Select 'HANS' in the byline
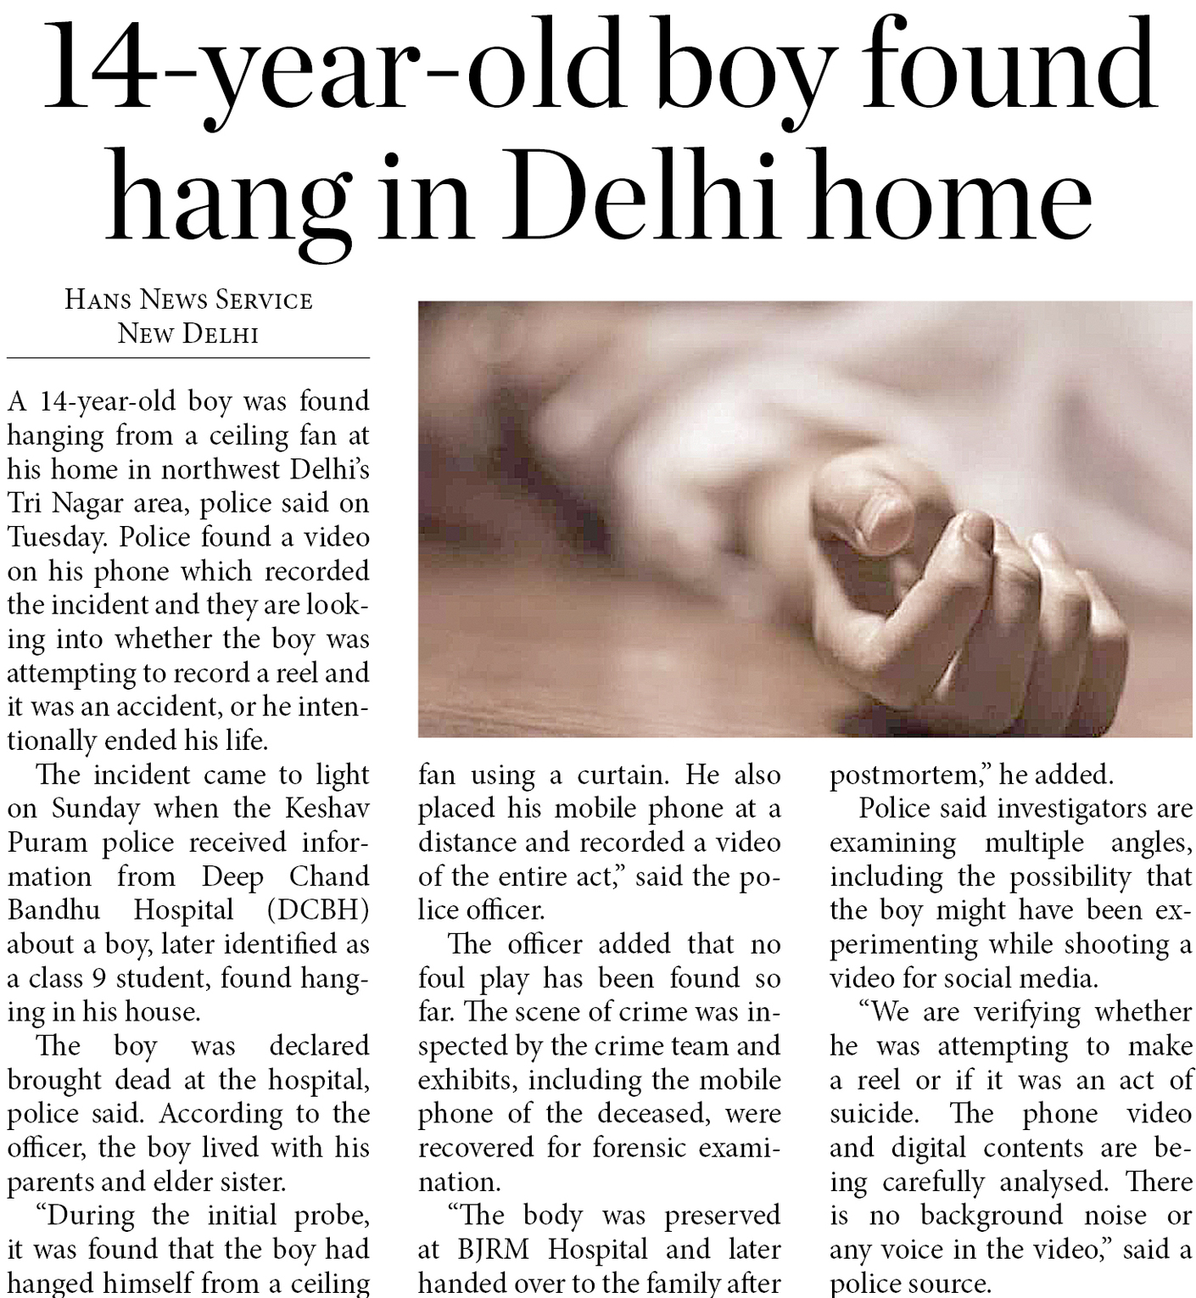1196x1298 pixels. click(x=97, y=299)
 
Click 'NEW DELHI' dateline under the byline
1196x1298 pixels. click(x=187, y=333)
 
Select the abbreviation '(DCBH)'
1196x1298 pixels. click(x=317, y=910)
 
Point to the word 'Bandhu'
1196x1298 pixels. click(x=53, y=910)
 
